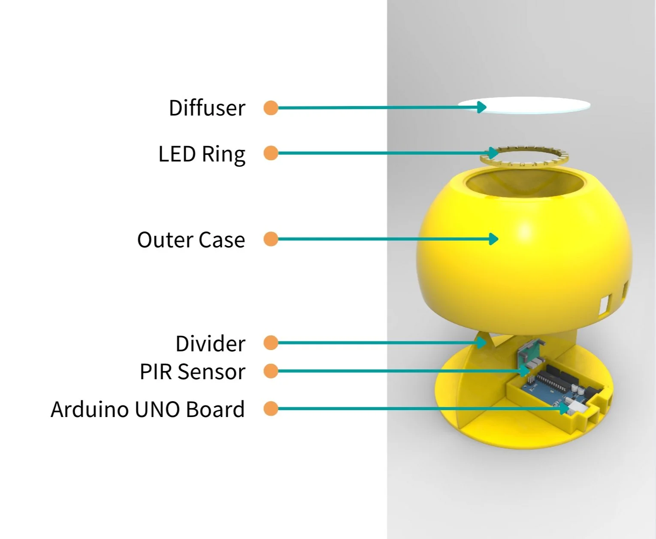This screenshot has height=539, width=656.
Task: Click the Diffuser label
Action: pos(207,108)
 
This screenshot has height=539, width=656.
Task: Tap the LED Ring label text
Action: pos(202,154)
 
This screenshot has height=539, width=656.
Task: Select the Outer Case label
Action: pos(191,240)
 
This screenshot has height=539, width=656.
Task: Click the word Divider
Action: pos(210,344)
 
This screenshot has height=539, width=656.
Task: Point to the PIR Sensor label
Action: pos(192,372)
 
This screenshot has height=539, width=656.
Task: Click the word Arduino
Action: pos(90,409)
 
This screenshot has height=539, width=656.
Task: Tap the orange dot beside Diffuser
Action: pos(271,108)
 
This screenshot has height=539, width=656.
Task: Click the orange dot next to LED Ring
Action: pos(271,153)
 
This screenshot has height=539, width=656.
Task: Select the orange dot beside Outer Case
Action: pos(271,239)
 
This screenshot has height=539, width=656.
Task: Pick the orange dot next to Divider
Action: pos(271,343)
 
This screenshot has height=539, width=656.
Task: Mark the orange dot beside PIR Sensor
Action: pos(271,371)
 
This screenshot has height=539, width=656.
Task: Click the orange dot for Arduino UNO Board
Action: pos(271,408)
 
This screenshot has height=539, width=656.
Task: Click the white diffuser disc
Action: pos(536,106)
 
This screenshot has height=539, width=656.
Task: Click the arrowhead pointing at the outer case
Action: pos(494,239)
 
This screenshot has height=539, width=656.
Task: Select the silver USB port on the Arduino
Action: pos(573,405)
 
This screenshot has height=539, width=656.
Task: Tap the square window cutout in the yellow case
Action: pos(604,304)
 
